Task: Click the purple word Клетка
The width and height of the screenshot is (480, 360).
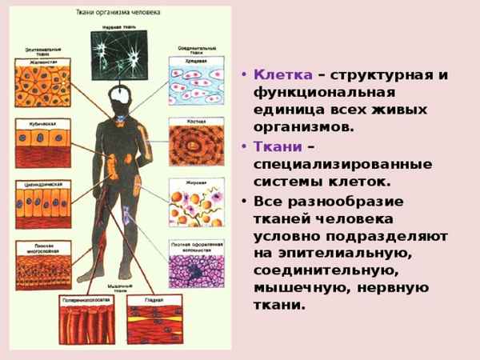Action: pos(282,74)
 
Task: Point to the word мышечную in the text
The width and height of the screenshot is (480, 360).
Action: pos(294,289)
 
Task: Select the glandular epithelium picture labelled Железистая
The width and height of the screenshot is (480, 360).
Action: pos(42,85)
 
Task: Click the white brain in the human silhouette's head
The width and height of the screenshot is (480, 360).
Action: pos(119,94)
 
